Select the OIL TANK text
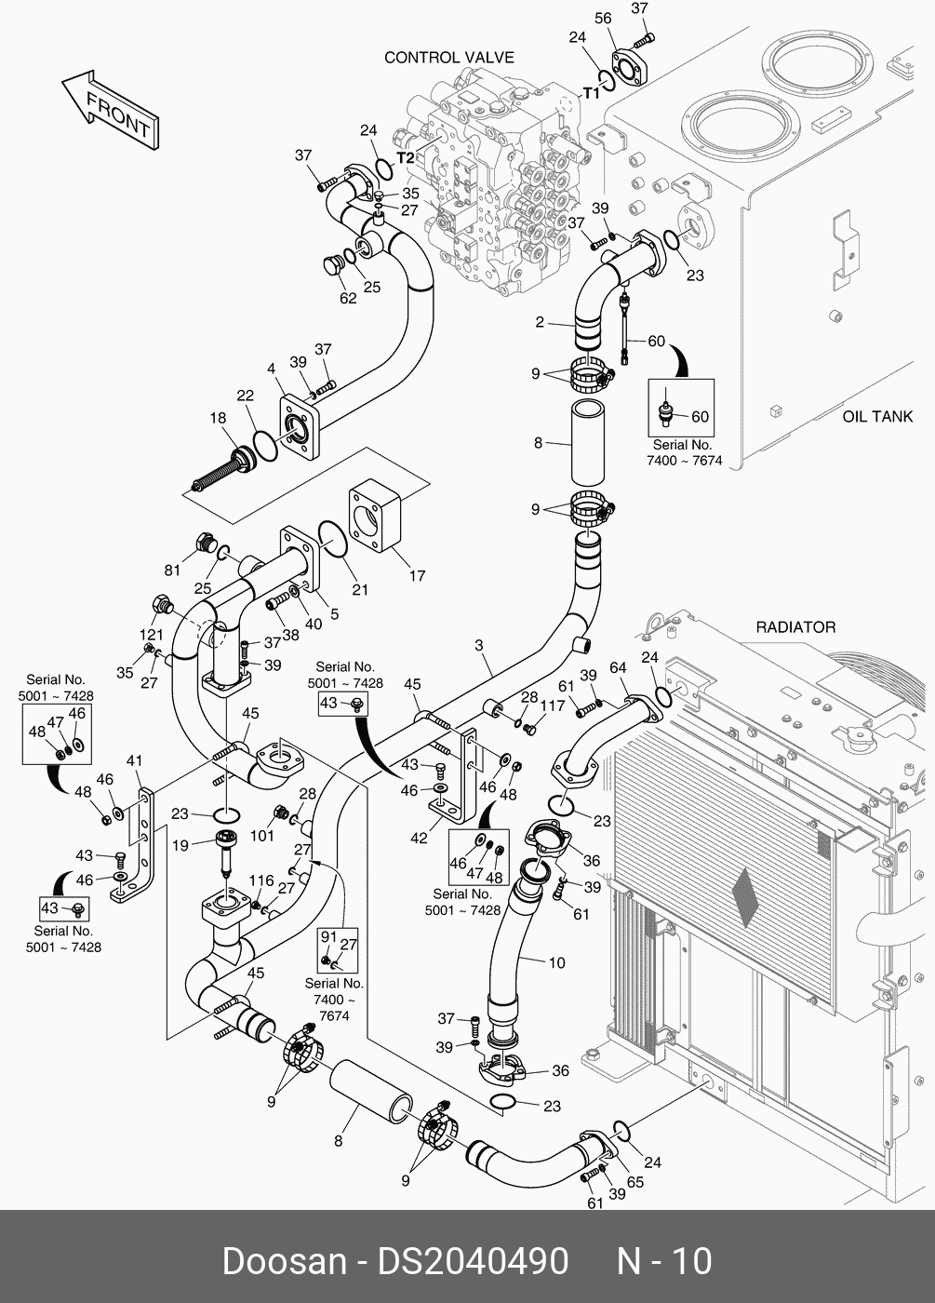coord(877,417)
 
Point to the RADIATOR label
coord(795,627)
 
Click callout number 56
coord(603,19)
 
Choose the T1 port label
coord(592,92)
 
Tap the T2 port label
coord(406,158)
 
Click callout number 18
coord(218,419)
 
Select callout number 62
coord(348,299)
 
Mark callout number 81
coord(174,570)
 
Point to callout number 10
coord(556,962)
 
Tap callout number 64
coord(618,667)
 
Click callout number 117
coord(553,706)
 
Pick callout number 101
coord(262,835)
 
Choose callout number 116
coord(261,880)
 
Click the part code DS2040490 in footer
coord(472,1261)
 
